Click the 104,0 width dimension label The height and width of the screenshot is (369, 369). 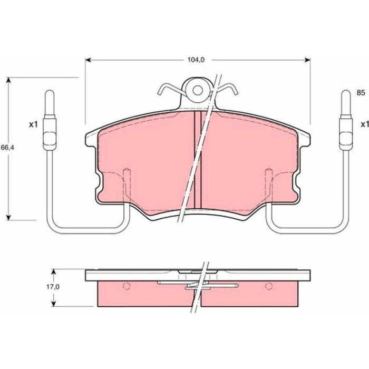click(196, 60)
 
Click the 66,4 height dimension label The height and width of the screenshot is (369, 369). click(7, 148)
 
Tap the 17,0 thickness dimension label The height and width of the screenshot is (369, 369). click(53, 287)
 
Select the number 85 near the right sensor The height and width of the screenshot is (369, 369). click(361, 93)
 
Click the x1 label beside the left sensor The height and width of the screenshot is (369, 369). click(33, 125)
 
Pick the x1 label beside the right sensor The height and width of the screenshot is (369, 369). click(365, 124)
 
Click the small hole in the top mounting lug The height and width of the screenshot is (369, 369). click(198, 90)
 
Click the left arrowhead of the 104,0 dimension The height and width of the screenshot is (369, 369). click(88, 60)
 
